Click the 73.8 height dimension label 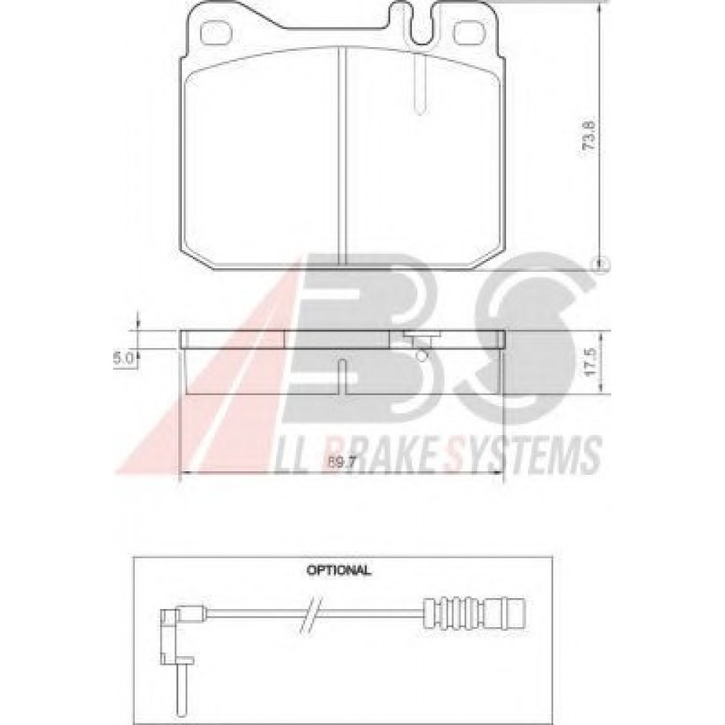point(590,135)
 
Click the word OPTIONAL point(339,570)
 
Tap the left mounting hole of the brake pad point(214,34)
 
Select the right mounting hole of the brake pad point(467,34)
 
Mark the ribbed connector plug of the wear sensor point(476,613)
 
